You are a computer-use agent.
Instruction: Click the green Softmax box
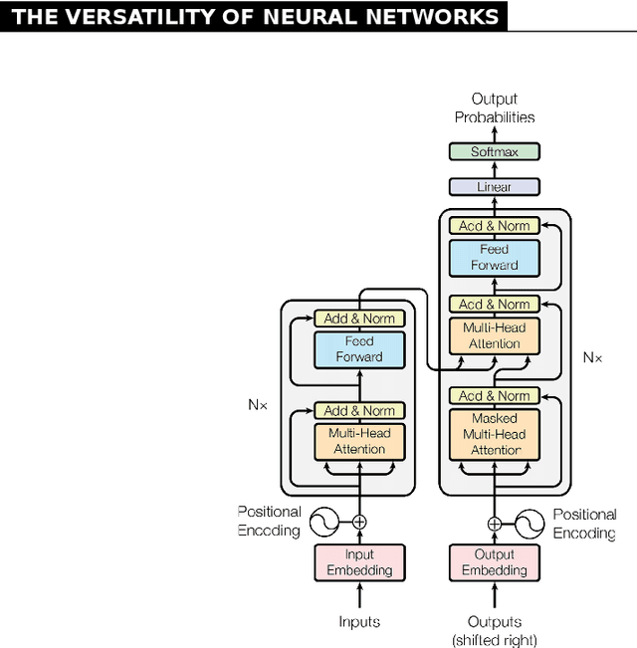coord(494,151)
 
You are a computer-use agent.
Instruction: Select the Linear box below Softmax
coord(494,186)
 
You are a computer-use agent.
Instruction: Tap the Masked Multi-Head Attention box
coord(494,434)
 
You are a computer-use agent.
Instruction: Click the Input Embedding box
coord(359,562)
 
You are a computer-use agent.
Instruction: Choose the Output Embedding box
coord(494,562)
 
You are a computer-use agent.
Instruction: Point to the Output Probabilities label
coord(494,108)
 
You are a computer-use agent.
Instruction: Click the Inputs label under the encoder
coord(359,621)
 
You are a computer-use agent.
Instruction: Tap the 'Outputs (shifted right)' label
coord(494,630)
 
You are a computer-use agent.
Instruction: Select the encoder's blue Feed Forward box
coord(359,348)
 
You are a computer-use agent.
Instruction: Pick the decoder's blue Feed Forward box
coord(494,257)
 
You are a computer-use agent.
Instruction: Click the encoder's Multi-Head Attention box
coord(359,441)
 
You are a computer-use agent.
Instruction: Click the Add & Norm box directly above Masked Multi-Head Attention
coord(494,395)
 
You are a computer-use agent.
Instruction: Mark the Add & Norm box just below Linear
coord(494,226)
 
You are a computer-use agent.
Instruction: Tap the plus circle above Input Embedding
coord(359,521)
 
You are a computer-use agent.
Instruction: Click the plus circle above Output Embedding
coord(494,523)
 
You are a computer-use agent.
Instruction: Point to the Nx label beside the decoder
coord(592,355)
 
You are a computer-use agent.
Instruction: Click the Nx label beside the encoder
coord(258,405)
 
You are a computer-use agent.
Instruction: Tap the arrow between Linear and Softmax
coord(494,169)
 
